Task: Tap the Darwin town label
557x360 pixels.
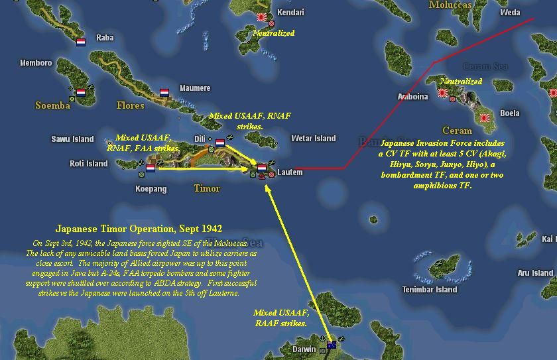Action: pos(305,349)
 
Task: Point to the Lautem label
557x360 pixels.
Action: pos(289,172)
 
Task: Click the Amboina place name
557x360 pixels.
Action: pos(412,96)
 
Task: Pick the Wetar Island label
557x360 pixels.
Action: pos(313,139)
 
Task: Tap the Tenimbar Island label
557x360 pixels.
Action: pos(432,289)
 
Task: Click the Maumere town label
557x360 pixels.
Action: pos(194,88)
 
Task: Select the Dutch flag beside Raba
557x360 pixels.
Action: pos(81,42)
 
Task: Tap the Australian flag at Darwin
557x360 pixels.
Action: pos(332,344)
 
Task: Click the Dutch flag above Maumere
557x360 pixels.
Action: pos(164,93)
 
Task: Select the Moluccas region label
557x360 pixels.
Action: pos(450,5)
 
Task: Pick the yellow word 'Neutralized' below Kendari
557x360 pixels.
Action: pos(273,32)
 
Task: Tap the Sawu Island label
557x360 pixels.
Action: pos(72,139)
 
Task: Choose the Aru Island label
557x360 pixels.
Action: pos(534,272)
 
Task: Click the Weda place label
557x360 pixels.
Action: pos(510,13)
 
